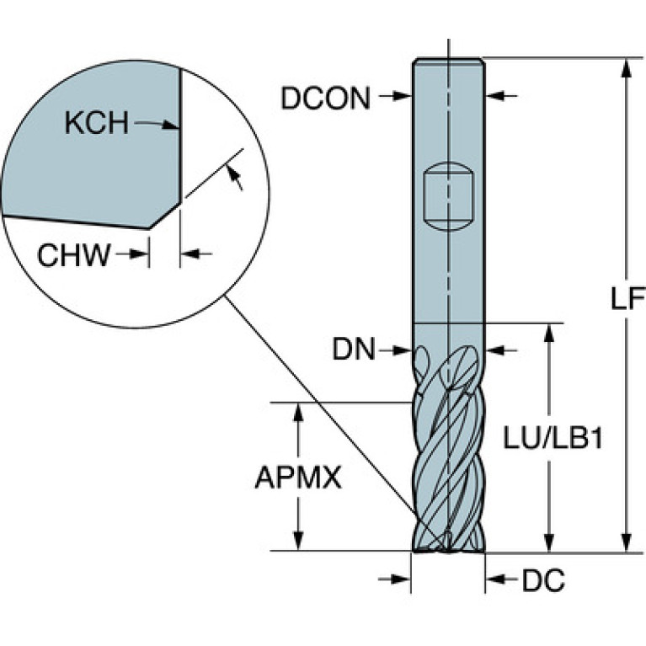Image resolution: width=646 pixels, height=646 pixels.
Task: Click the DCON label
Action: pos(325,98)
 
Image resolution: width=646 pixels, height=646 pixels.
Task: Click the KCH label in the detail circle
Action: pos(97,123)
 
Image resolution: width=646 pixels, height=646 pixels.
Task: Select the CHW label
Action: pos(74,255)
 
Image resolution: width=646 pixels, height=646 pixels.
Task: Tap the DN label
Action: pos(354,349)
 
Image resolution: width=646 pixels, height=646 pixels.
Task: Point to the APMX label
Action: pos(298,478)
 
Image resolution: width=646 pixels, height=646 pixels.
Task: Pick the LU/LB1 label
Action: pos(553,438)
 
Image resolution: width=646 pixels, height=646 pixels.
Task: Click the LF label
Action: pos(627,298)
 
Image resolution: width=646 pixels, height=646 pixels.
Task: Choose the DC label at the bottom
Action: pos(543,580)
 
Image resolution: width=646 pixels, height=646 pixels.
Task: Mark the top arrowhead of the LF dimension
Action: pos(627,67)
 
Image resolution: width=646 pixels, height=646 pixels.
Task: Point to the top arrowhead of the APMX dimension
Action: pos(298,412)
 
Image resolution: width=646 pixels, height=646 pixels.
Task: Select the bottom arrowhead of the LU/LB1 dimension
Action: pos(548,542)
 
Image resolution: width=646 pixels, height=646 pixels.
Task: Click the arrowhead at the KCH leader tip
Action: pos(171,125)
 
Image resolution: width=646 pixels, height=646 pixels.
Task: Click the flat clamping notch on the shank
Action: pos(449,196)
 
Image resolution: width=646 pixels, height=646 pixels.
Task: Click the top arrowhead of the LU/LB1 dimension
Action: pos(548,333)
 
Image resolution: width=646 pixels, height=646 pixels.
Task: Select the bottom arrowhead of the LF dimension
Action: pos(627,542)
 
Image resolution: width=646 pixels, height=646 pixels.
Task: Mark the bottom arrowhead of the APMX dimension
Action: pos(298,541)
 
